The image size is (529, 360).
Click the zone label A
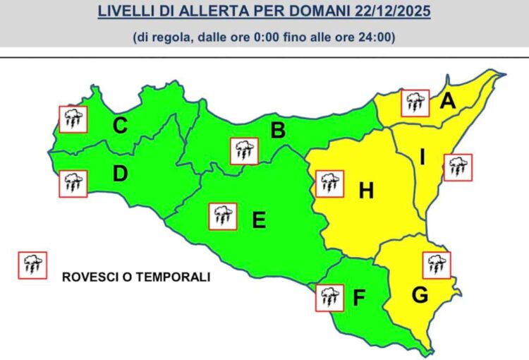447,102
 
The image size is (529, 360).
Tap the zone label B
278,130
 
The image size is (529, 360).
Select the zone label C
121,126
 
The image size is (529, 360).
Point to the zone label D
120,173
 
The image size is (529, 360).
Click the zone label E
259,221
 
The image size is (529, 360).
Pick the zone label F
358,299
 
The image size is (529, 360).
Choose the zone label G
420,296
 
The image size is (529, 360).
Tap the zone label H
366,191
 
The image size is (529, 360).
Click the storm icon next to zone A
415,103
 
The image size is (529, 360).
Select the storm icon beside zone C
73,119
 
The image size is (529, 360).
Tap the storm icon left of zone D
73,184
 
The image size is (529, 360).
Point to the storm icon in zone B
244,151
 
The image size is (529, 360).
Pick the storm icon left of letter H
329,184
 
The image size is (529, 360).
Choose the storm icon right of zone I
457,167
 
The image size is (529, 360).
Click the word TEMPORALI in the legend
174,277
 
